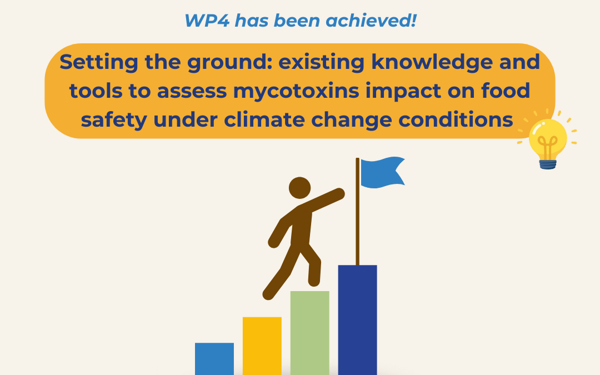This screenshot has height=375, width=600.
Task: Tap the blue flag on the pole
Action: [382, 172]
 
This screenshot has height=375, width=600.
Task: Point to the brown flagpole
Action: [358, 222]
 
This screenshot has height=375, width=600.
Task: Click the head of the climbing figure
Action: [300, 188]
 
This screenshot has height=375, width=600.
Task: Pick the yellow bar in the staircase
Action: [262, 346]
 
